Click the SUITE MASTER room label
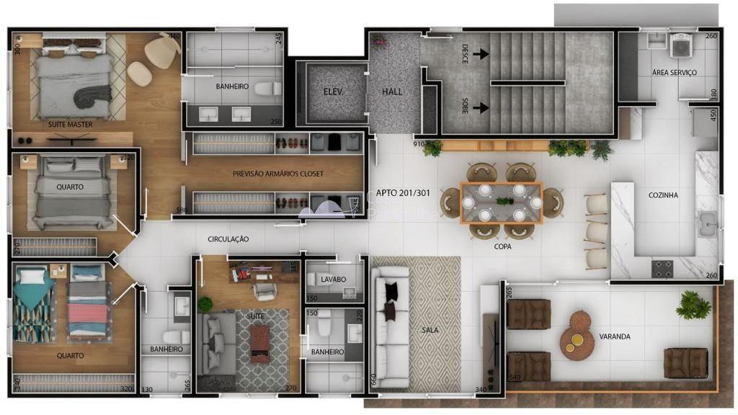tap(70, 125)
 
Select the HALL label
tap(393, 92)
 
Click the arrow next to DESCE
tap(481, 53)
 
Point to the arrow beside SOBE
tap(481, 107)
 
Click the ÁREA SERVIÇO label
tap(674, 73)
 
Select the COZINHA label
tap(663, 195)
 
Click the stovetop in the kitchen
tap(662, 269)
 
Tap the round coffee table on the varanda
tap(578, 335)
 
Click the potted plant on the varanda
tap(693, 304)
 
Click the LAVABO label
tap(334, 279)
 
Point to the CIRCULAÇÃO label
tap(228, 238)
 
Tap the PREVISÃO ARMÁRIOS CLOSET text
tap(278, 174)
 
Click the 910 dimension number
tap(418, 143)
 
